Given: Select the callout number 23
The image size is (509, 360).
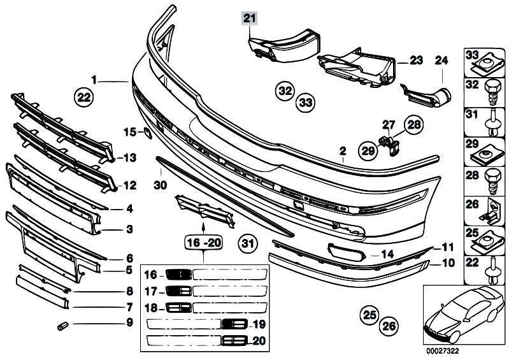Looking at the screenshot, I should tap(416, 61).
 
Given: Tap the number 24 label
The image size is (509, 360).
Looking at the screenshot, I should tap(441, 61).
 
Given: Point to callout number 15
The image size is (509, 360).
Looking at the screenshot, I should tap(129, 133).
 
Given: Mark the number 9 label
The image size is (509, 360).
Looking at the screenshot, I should tap(129, 322).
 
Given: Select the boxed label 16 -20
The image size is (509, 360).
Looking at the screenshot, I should tap(203, 243).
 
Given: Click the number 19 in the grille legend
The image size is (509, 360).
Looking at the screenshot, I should tap(258, 324).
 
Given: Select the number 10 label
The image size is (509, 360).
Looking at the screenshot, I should tap(448, 262).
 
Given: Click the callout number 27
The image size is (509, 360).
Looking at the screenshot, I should tap(389, 125).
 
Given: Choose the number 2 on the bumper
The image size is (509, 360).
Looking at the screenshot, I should tap(342, 152).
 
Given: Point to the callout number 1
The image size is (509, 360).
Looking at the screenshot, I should tap(94, 81).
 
